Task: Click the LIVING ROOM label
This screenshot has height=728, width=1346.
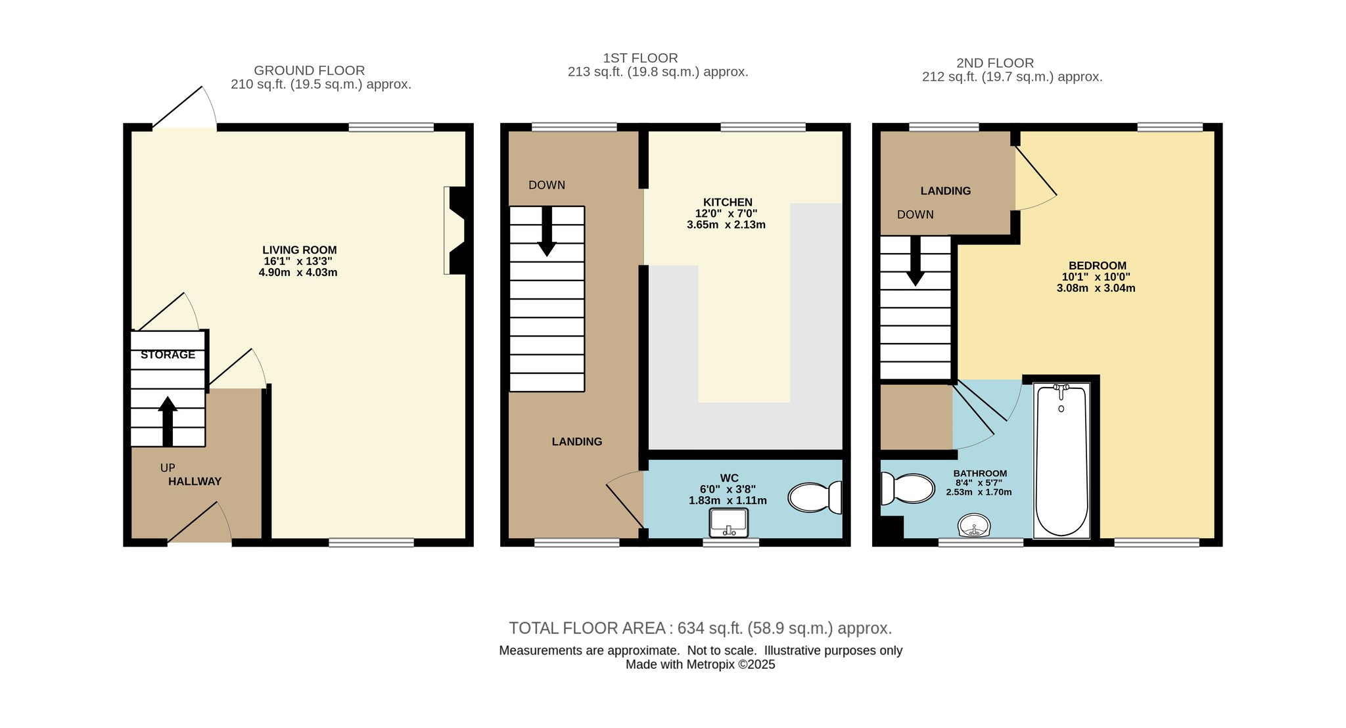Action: coord(300,250)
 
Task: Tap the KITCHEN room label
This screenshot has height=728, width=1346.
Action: coord(728,202)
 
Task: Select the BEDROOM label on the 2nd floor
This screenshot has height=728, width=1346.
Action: coord(1098,266)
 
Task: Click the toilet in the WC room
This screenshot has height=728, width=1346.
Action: coord(815,497)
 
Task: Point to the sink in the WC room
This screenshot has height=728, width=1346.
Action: coord(728,523)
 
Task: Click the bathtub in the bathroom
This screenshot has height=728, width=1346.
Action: coord(1061,460)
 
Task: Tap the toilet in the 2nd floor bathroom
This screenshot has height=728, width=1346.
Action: coord(908,489)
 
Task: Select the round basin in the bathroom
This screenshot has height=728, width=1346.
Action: coord(974,526)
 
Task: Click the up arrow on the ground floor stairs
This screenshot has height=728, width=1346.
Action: coord(168,421)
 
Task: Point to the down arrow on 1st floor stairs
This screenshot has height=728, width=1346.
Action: coord(547,231)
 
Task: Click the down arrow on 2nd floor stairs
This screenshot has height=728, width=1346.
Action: coord(915,261)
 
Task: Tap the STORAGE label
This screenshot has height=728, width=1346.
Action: coord(168,355)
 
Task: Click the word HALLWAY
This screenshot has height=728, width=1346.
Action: coord(195,482)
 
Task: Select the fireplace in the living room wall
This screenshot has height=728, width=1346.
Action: coord(455,230)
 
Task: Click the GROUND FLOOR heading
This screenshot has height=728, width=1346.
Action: coord(310,70)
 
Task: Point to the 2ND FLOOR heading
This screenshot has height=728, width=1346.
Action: coord(995,63)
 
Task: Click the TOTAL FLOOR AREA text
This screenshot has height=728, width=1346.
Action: coord(701,628)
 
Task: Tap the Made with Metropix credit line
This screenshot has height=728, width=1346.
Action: coord(701,664)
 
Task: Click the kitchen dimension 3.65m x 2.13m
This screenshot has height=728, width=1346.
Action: coord(726,225)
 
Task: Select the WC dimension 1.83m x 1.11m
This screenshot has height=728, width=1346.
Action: coord(728,501)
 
